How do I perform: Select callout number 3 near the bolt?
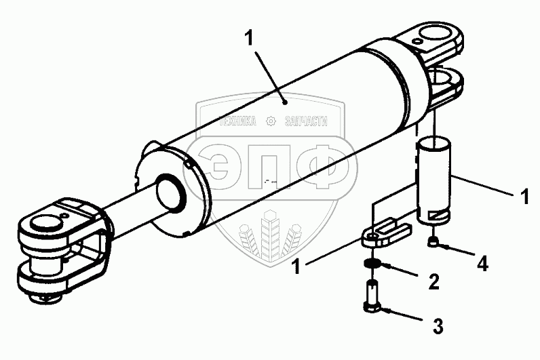coord(439,327)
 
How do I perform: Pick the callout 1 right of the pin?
coord(524,197)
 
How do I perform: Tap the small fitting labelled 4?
coord(433,243)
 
